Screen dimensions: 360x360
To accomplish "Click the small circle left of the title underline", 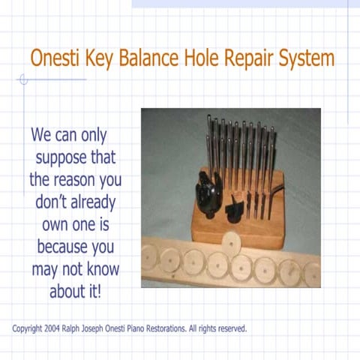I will tap(22, 79).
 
